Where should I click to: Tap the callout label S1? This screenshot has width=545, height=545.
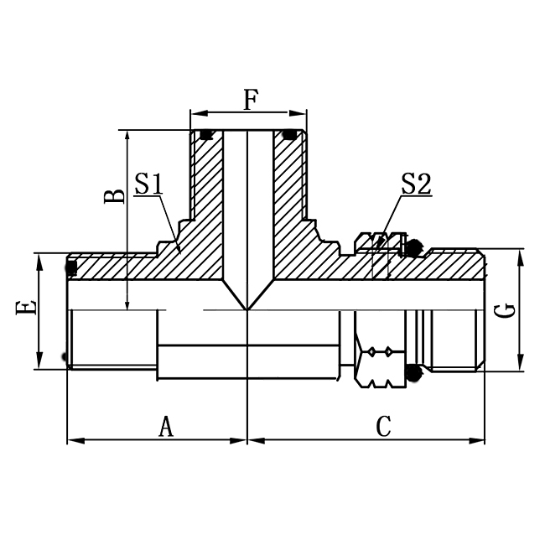click(x=148, y=183)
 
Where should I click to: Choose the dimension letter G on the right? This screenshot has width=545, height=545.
click(x=504, y=311)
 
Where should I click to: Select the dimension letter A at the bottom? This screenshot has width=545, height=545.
click(x=166, y=428)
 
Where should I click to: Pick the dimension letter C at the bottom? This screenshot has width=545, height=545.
click(x=383, y=428)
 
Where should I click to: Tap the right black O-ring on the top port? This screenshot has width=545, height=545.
click(x=290, y=133)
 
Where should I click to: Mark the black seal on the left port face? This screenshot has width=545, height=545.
click(x=71, y=267)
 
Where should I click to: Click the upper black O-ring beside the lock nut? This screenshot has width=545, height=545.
click(x=412, y=247)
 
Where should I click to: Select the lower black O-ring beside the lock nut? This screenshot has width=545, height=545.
click(x=412, y=373)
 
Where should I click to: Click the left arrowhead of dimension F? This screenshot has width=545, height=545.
click(x=195, y=112)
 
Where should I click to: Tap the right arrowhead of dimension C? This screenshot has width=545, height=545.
click(x=480, y=440)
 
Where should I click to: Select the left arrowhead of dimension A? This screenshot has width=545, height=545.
click(x=71, y=440)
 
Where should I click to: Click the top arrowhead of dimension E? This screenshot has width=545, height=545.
click(x=39, y=256)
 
